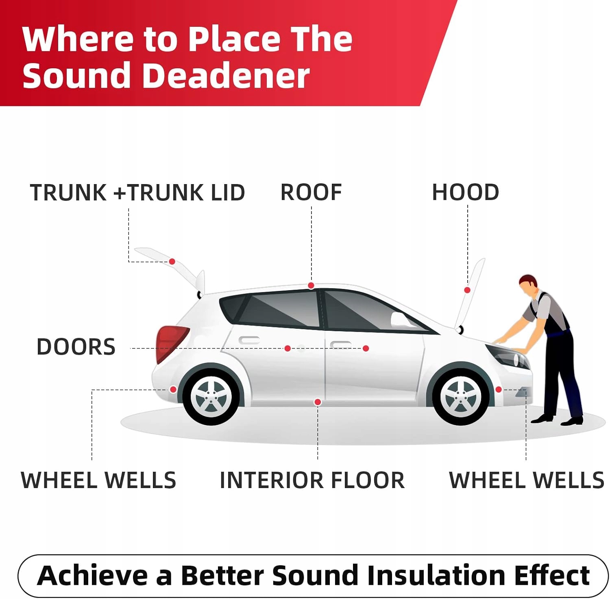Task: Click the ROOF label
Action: (311, 192)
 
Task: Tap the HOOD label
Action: (465, 192)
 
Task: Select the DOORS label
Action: (76, 347)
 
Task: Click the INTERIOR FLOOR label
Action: (312, 480)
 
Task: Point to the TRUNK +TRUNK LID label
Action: (137, 193)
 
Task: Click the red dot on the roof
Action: (311, 286)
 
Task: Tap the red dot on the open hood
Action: (467, 290)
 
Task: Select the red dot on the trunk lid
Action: (172, 262)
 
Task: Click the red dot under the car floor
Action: (318, 402)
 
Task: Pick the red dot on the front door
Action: (366, 349)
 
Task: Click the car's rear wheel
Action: (211, 397)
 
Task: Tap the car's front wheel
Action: (461, 397)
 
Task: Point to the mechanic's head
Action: (528, 284)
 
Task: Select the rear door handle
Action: (249, 340)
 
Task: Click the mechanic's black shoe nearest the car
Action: (542, 419)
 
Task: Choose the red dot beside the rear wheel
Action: (173, 390)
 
